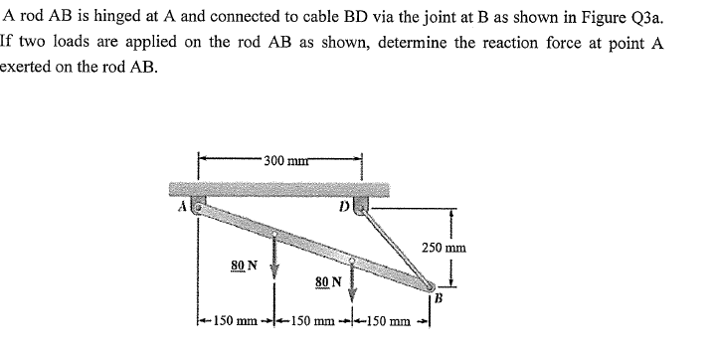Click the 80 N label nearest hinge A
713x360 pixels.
tap(243, 266)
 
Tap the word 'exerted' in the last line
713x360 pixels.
tap(29, 74)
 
